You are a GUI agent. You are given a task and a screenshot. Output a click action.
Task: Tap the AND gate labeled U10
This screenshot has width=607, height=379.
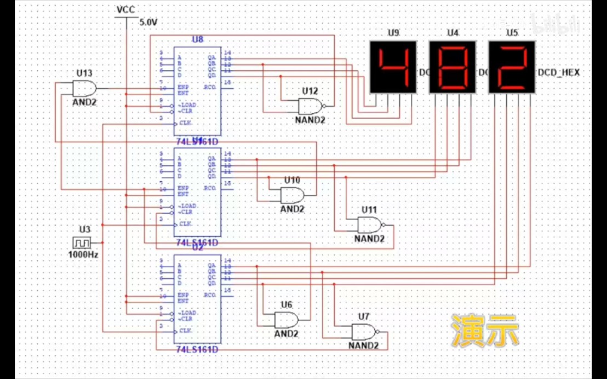coord(292,194)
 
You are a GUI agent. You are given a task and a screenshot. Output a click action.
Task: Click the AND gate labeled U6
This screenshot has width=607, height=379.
coord(286,319)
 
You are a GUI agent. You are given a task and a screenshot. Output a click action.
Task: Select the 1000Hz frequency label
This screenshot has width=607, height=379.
coord(83,255)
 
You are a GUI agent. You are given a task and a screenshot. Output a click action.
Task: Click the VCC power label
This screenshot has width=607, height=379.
coord(126,10)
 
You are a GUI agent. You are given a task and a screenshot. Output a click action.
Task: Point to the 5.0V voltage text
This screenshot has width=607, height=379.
coord(148,22)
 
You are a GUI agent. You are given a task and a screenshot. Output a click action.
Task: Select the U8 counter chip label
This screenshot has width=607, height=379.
coord(197,39)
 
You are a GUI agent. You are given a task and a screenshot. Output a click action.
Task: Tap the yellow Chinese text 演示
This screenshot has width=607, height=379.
coord(485,331)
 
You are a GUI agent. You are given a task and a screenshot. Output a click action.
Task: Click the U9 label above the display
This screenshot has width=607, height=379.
coord(393,33)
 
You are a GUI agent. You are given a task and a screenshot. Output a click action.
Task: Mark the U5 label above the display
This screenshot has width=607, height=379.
coord(512,33)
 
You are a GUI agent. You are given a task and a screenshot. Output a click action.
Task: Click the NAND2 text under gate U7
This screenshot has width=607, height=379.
coord(363,346)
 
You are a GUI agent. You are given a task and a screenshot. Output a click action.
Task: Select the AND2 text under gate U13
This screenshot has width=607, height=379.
coord(84,102)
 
